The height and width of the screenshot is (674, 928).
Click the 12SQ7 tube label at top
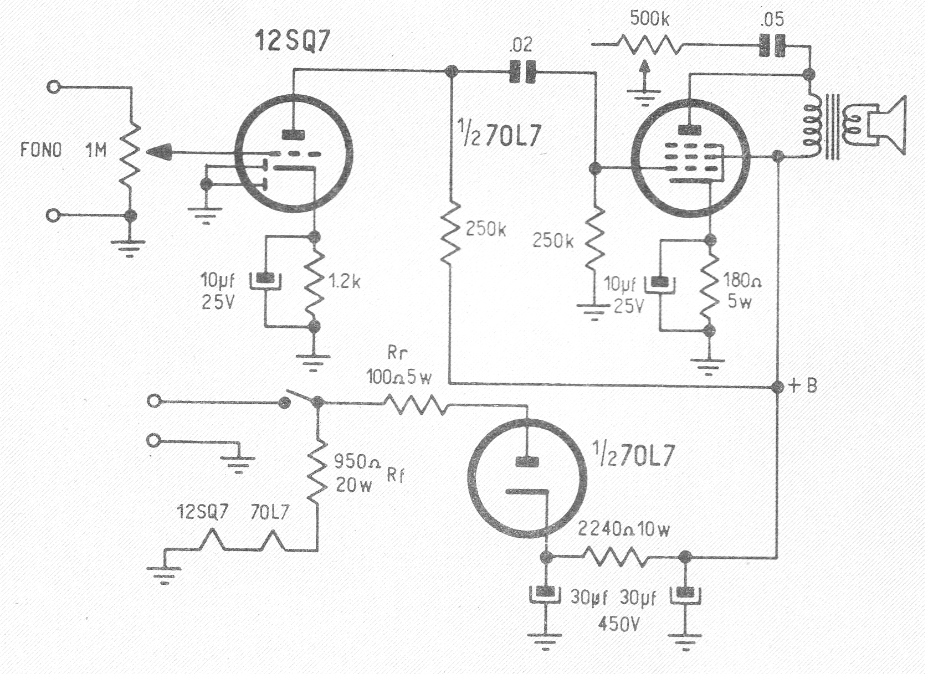[292, 41]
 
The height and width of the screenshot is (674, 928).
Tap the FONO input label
[41, 150]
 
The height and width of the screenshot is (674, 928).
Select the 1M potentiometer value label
[96, 150]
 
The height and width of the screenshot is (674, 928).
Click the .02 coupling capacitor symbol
[522, 71]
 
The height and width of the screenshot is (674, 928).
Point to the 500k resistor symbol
[650, 44]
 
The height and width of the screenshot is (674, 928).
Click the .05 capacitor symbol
[772, 45]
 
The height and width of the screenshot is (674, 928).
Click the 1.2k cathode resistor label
[345, 281]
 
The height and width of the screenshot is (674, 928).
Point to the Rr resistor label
[397, 352]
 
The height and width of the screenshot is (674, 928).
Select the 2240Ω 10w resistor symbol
[615, 557]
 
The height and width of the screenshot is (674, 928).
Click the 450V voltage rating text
[619, 624]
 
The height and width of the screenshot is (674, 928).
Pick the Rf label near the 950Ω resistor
[395, 475]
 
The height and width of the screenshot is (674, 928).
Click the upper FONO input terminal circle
[54, 86]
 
